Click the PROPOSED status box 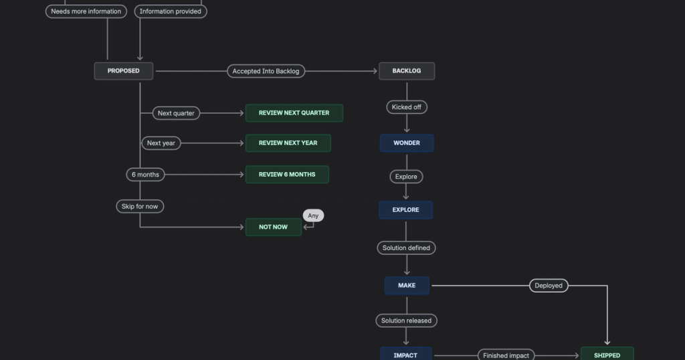[x=124, y=71]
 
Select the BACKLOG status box [x=407, y=71]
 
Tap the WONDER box [x=407, y=143]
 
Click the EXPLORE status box [x=405, y=210]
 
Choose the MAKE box [x=407, y=286]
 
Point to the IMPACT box [x=405, y=354]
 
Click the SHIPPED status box [x=607, y=354]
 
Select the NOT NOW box [x=273, y=227]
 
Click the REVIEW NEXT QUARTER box [x=294, y=113]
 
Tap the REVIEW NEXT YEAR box [x=288, y=143]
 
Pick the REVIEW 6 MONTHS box [x=287, y=175]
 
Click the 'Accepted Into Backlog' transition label [x=266, y=71]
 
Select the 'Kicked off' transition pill [x=407, y=107]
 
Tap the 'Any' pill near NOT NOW [x=313, y=215]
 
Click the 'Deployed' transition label [x=549, y=286]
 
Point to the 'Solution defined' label [x=406, y=248]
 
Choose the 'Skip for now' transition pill [x=140, y=207]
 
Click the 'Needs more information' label [x=86, y=11]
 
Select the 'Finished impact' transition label [x=506, y=355]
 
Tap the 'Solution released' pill [x=406, y=321]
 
